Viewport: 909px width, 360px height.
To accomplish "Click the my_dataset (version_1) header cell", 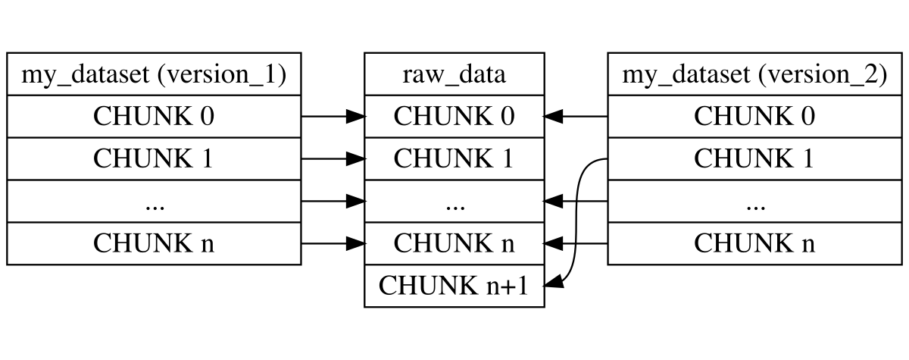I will (x=154, y=74).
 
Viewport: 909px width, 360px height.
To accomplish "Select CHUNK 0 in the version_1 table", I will (x=154, y=117).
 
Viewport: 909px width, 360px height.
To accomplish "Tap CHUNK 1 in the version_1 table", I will (x=154, y=159).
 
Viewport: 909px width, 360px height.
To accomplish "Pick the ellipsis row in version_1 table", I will (x=154, y=202).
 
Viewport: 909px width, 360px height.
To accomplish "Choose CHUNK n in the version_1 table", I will (x=154, y=244).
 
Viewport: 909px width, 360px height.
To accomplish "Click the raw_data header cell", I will (x=454, y=74).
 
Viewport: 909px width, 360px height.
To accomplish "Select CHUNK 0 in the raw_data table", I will (x=454, y=117).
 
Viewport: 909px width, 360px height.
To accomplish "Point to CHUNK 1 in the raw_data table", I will (x=454, y=159).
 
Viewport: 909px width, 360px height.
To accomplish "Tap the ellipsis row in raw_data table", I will (x=454, y=202).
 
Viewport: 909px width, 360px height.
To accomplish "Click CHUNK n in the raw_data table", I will (x=454, y=244).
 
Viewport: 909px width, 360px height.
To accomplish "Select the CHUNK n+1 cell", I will (x=454, y=286).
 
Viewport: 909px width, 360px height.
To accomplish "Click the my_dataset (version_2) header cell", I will (x=754, y=74).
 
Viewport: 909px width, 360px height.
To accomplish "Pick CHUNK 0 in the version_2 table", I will (x=754, y=117).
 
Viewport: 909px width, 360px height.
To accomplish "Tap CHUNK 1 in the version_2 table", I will (x=754, y=159).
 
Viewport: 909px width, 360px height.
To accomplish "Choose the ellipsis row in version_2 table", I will (x=754, y=202).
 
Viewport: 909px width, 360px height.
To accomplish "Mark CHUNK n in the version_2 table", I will (x=754, y=244).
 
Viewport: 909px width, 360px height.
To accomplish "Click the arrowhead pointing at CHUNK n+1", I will (x=554, y=285).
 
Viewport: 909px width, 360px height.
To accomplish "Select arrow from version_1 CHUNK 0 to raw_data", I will (x=333, y=117).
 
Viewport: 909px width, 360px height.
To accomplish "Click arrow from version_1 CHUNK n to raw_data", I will (x=333, y=244).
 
